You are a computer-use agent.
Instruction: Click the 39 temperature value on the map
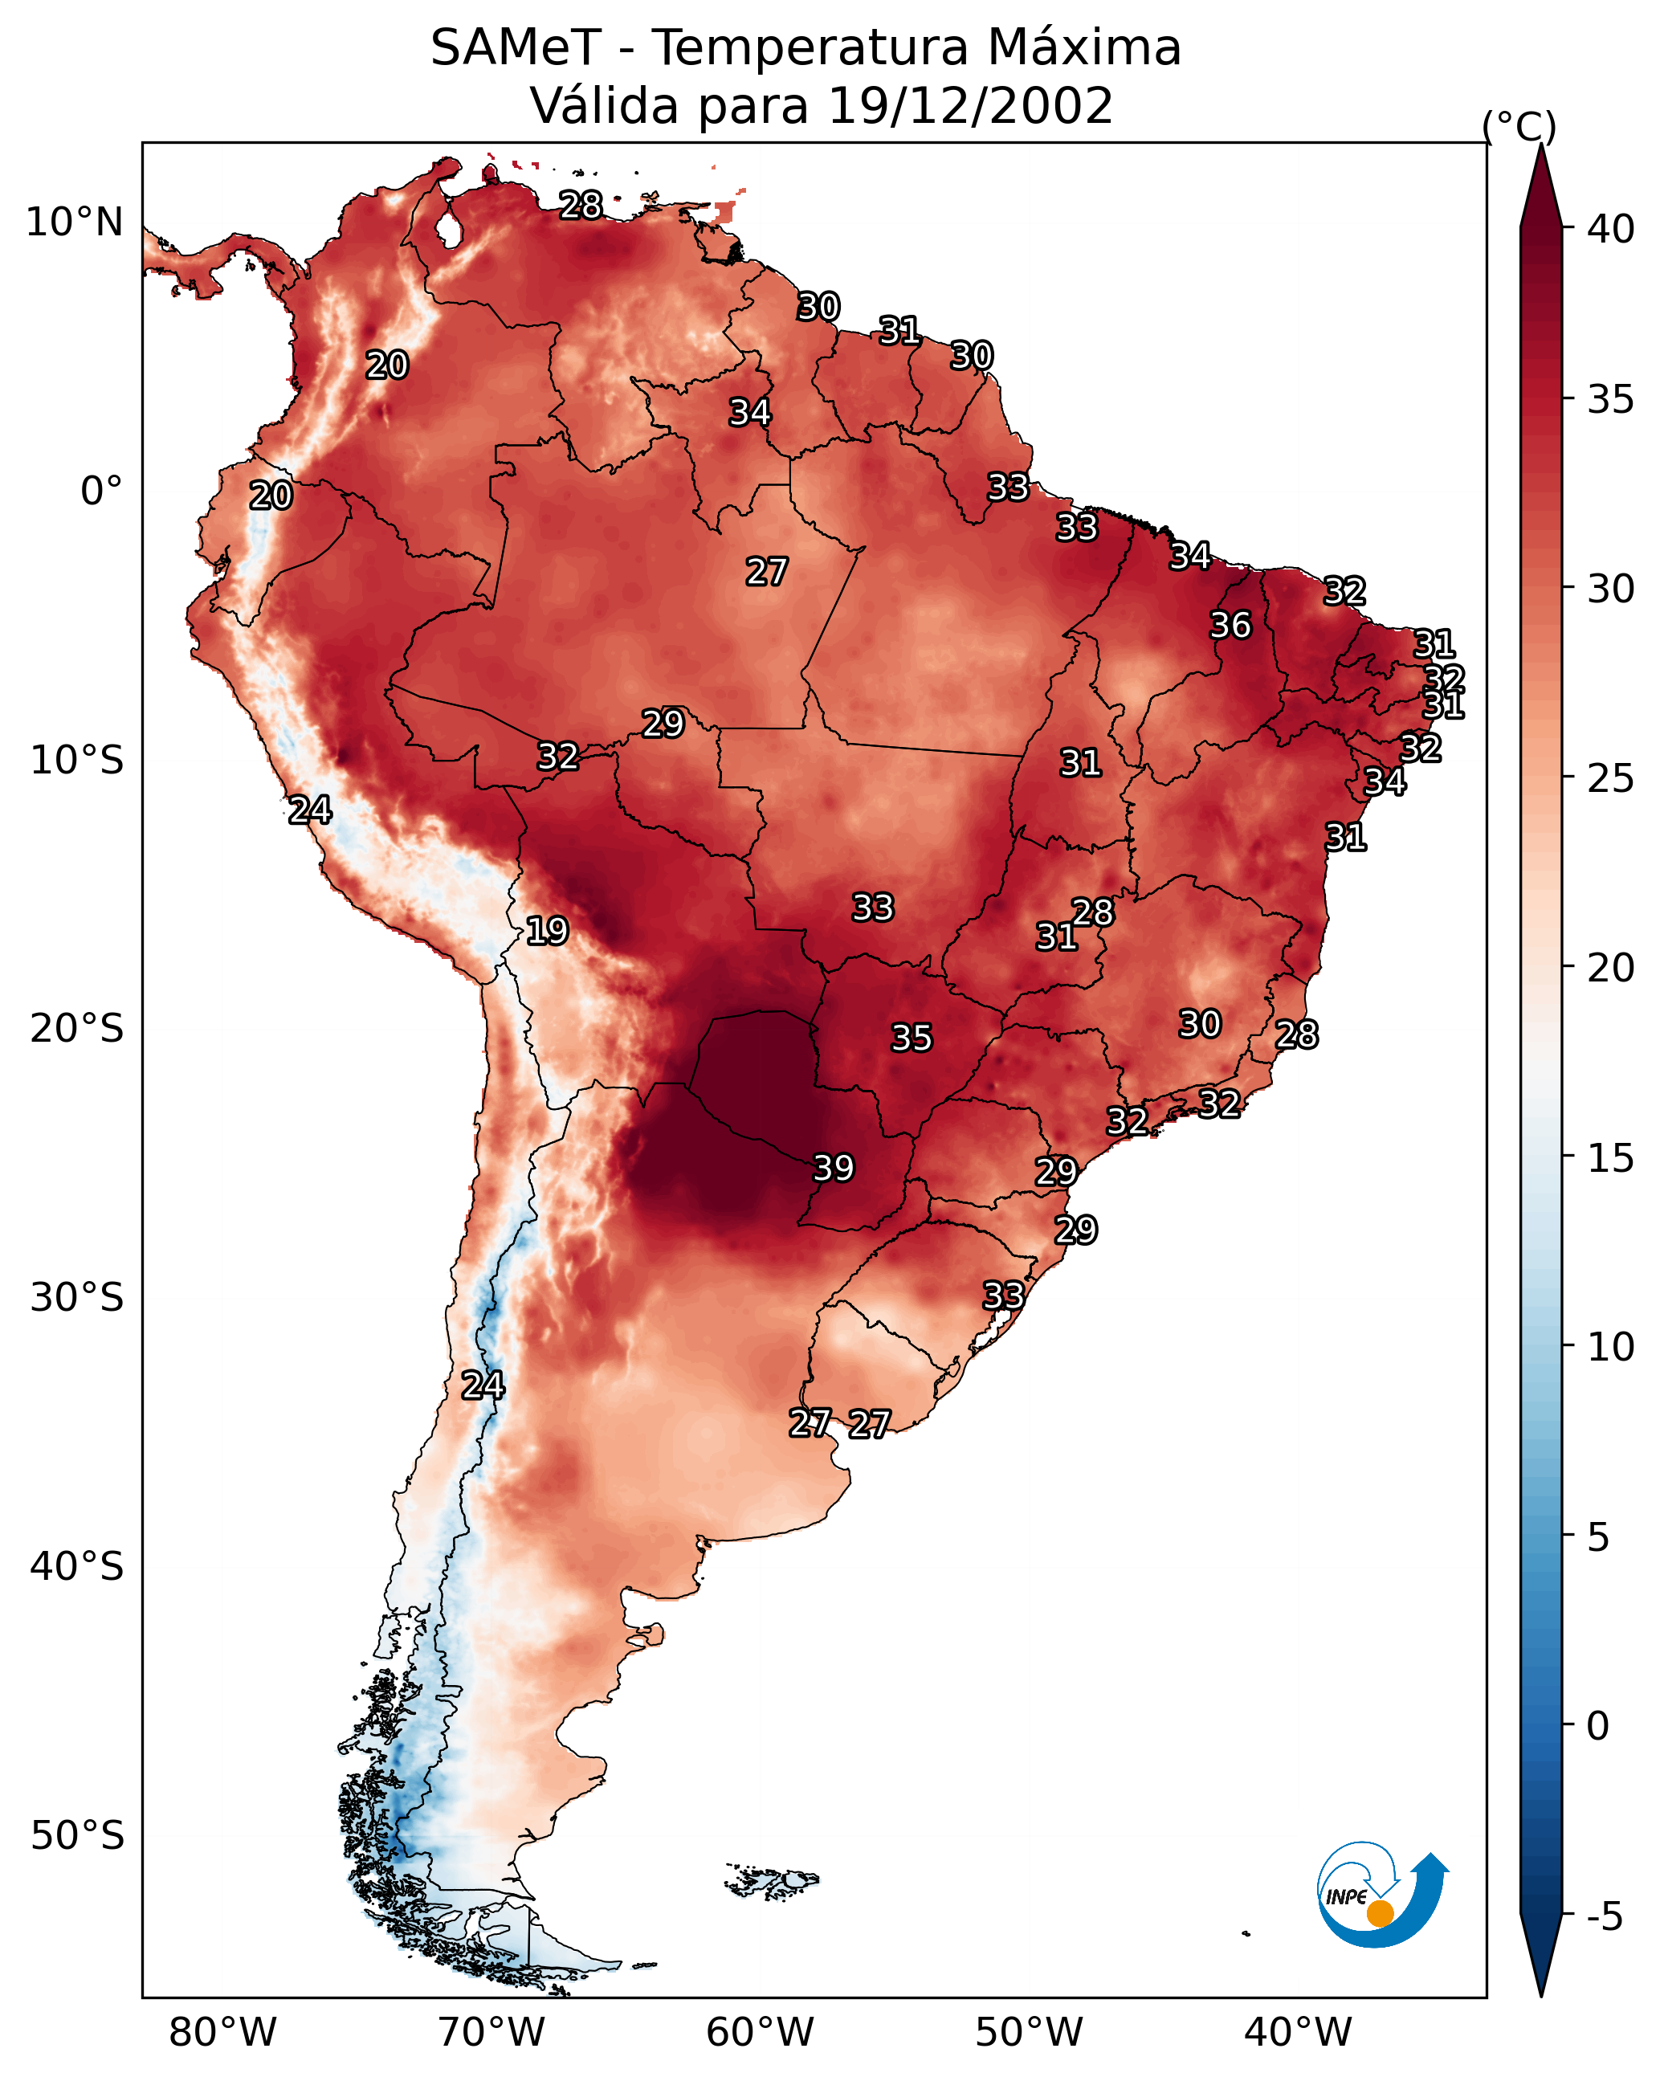(x=834, y=1168)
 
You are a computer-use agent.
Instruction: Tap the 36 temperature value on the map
(x=1230, y=625)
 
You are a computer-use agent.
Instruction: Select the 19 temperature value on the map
(x=547, y=931)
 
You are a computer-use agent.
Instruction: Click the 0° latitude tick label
(x=101, y=492)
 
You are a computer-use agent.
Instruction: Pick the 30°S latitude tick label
(x=77, y=1298)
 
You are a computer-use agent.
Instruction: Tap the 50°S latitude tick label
(x=77, y=1836)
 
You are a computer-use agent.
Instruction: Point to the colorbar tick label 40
(x=1611, y=229)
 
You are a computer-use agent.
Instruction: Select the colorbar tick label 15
(x=1611, y=1158)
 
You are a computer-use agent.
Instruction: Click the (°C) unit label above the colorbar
(x=1519, y=126)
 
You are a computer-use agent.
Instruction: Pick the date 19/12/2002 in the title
(x=970, y=106)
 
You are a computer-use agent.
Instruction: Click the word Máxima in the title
(x=1083, y=48)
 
